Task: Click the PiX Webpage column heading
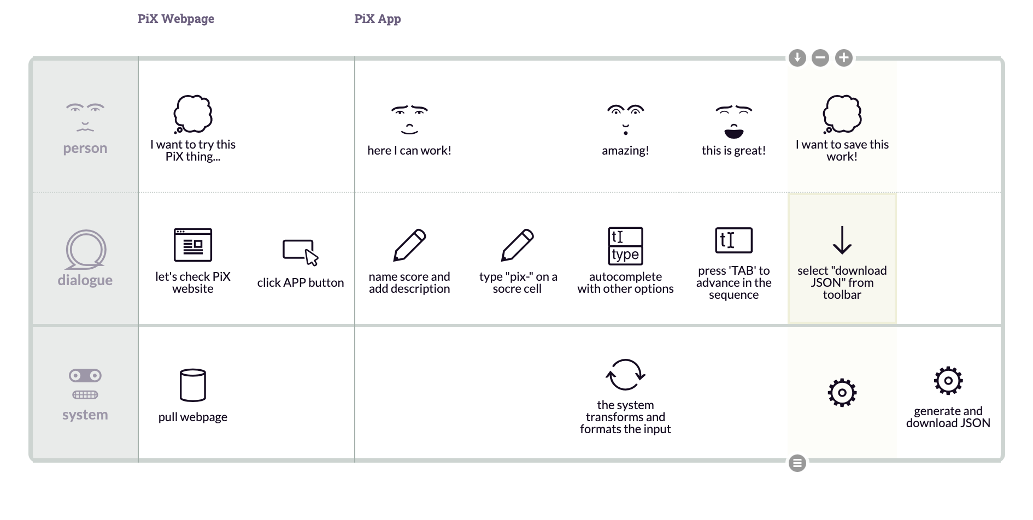[175, 19]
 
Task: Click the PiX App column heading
[377, 19]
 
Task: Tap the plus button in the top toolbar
[844, 58]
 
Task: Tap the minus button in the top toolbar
[820, 58]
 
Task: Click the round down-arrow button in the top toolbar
[797, 58]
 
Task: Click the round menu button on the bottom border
[797, 463]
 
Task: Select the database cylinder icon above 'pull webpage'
[193, 385]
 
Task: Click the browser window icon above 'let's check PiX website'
[193, 245]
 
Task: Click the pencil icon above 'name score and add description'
[409, 245]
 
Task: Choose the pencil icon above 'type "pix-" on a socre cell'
[518, 245]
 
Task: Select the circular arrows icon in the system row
[625, 375]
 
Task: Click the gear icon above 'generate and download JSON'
[948, 381]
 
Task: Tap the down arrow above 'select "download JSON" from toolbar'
[842, 240]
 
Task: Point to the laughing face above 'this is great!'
[733, 121]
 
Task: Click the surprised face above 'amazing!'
[625, 120]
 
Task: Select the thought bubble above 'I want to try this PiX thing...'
[193, 114]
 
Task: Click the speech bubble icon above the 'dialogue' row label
[86, 250]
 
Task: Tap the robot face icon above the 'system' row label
[85, 384]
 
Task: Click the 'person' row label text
[85, 148]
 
